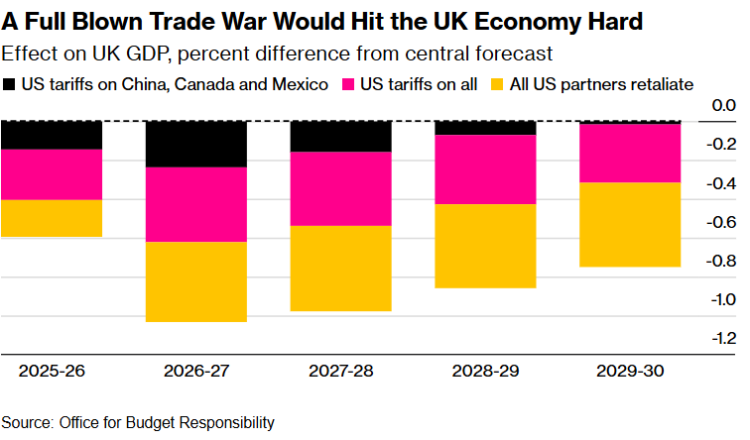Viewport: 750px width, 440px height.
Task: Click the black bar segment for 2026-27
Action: (x=196, y=144)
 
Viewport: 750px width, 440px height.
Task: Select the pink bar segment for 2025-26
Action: (x=52, y=174)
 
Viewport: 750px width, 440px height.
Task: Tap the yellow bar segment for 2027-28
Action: (x=340, y=268)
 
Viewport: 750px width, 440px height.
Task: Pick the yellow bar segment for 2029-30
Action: (x=630, y=225)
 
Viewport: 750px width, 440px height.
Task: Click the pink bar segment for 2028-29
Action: (x=485, y=169)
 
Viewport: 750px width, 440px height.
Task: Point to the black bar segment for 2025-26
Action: (x=52, y=135)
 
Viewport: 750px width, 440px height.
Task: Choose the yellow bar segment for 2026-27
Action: (x=196, y=281)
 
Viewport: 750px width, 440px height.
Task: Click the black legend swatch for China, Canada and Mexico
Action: (x=10, y=85)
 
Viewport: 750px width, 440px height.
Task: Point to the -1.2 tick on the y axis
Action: (x=721, y=338)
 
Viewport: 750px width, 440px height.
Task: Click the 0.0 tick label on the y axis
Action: (x=723, y=106)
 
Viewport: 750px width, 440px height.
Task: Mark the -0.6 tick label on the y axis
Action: (x=721, y=222)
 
